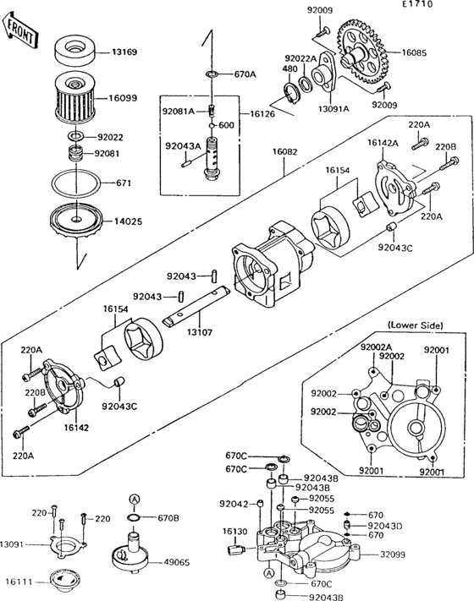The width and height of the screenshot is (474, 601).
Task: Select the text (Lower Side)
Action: (412, 325)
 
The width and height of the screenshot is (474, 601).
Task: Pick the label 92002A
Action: (376, 347)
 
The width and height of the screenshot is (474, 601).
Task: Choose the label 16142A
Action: (383, 144)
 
